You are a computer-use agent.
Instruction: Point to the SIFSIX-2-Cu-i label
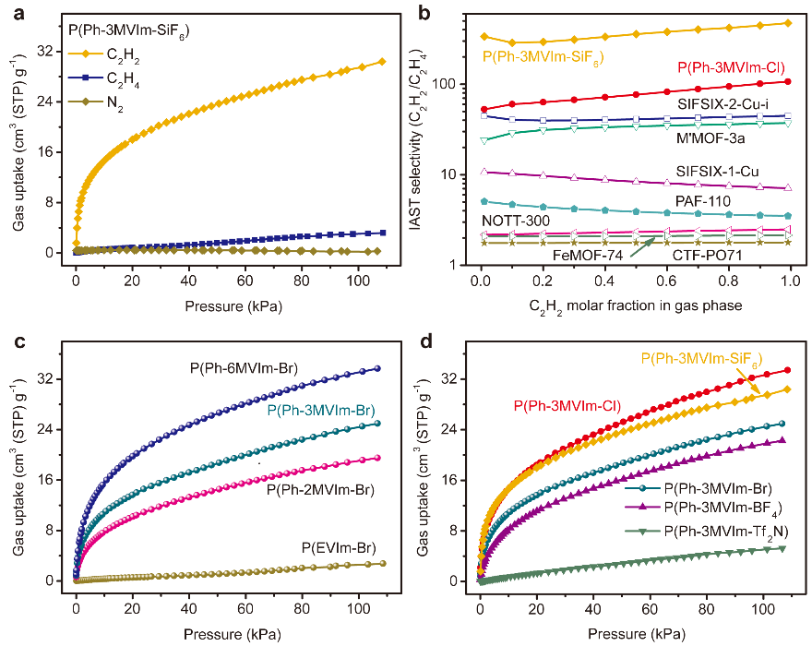(x=728, y=102)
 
